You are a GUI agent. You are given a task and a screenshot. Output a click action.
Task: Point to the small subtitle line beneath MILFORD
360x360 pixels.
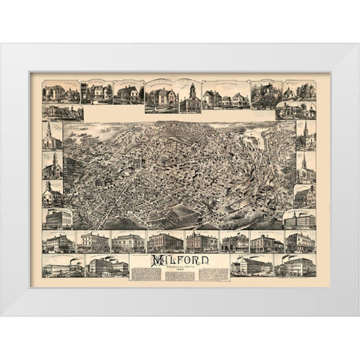pyautogui.click(x=179, y=268)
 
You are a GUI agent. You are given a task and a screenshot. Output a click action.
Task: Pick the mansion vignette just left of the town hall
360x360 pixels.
pyautogui.click(x=161, y=95)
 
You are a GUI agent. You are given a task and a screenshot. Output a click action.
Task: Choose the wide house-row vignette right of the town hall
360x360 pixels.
pyautogui.click(x=224, y=97)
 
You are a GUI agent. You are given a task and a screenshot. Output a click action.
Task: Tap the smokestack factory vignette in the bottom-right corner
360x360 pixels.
pyautogui.click(x=298, y=265)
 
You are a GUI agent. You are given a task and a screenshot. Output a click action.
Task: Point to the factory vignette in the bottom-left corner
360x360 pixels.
pyautogui.click(x=63, y=265)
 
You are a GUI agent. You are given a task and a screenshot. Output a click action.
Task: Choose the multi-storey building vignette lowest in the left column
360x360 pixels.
pyautogui.click(x=58, y=218)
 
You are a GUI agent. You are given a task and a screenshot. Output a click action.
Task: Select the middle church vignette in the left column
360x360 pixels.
pyautogui.click(x=52, y=166)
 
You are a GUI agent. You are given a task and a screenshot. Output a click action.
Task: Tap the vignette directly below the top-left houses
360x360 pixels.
pyautogui.click(x=63, y=112)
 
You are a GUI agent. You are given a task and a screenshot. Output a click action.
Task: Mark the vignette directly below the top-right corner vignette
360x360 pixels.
pyautogui.click(x=296, y=110)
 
